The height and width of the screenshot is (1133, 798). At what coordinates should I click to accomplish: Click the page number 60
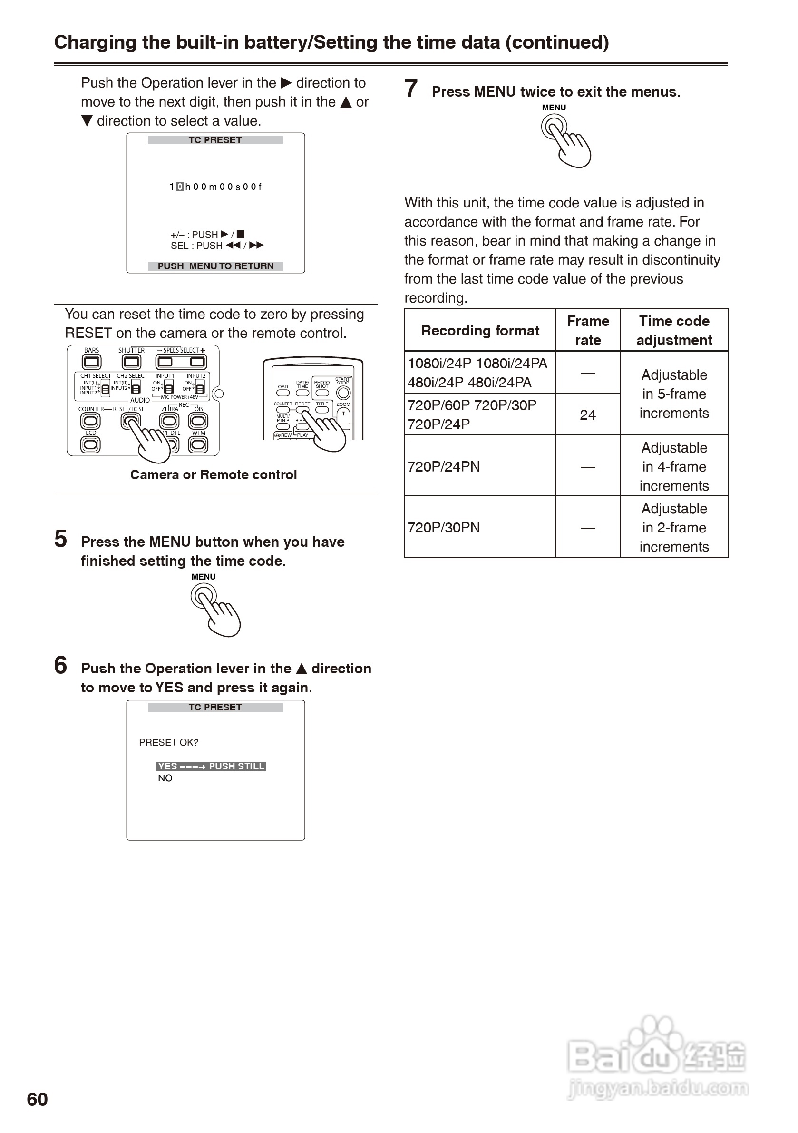coord(37,1099)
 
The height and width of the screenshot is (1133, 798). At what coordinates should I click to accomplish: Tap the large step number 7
coord(411,89)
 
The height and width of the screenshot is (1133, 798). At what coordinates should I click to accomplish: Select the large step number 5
coord(60,539)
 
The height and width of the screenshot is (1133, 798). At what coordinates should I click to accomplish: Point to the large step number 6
coord(60,665)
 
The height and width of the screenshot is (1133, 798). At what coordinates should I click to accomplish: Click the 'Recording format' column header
coord(480,331)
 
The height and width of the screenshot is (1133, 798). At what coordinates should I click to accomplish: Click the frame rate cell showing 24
coord(587,414)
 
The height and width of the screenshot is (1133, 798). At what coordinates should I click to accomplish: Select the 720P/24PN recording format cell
coord(444,467)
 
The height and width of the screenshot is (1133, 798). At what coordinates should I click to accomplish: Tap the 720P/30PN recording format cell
coord(444,528)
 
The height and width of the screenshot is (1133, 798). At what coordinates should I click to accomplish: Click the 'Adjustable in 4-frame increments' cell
coord(674,467)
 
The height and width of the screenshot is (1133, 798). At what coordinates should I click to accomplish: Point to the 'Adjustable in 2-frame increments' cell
coord(674,528)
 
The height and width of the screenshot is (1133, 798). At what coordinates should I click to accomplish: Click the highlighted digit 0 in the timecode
coord(179,187)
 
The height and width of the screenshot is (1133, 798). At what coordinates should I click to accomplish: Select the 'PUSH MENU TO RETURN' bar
coord(215,266)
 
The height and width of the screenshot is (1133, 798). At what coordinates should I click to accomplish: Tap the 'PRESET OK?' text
coord(169,743)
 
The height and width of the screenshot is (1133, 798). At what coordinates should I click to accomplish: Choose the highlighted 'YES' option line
coord(211,766)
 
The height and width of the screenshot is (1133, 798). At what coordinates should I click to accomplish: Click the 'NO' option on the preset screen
coord(165,778)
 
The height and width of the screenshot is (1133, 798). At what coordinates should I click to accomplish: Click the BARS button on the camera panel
coord(91,362)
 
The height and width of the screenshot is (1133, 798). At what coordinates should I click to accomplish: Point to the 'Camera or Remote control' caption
coord(214,475)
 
